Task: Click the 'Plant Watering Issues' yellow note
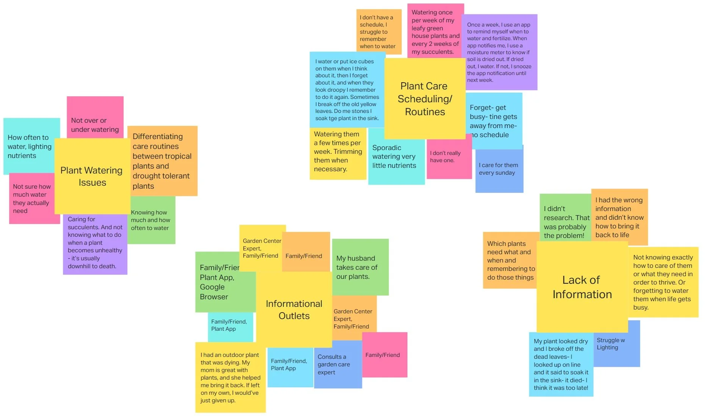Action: tap(92, 176)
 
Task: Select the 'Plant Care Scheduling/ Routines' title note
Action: tap(424, 99)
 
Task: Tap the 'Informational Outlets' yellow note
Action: tap(294, 310)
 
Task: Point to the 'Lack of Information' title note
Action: tap(582, 287)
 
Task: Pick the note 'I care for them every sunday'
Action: tap(499, 169)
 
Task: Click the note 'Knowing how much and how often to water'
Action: tap(152, 221)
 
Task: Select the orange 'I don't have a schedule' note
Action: tap(378, 32)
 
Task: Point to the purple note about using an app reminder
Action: tap(499, 52)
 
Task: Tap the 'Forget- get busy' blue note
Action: tap(493, 121)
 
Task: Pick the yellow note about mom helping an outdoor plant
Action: tap(230, 377)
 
